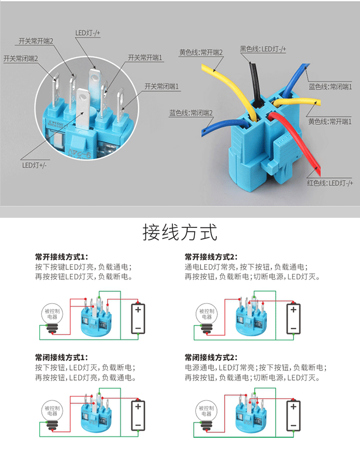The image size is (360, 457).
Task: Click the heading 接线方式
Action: coord(180,232)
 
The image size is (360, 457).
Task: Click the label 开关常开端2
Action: coord(36,41)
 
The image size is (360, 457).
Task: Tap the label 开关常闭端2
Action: coord(21,59)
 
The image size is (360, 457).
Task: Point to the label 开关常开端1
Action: coord(145,58)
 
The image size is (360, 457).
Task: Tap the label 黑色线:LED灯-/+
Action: coord(263,49)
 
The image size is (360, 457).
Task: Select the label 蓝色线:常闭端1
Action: coord(330,87)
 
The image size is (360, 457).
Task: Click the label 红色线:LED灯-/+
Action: coord(330,183)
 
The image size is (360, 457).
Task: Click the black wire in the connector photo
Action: coord(254,82)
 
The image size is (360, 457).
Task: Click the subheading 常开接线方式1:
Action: coord(62,257)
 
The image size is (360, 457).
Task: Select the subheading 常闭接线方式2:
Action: coord(211,357)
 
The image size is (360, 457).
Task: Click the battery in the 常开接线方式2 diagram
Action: coord(293,319)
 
